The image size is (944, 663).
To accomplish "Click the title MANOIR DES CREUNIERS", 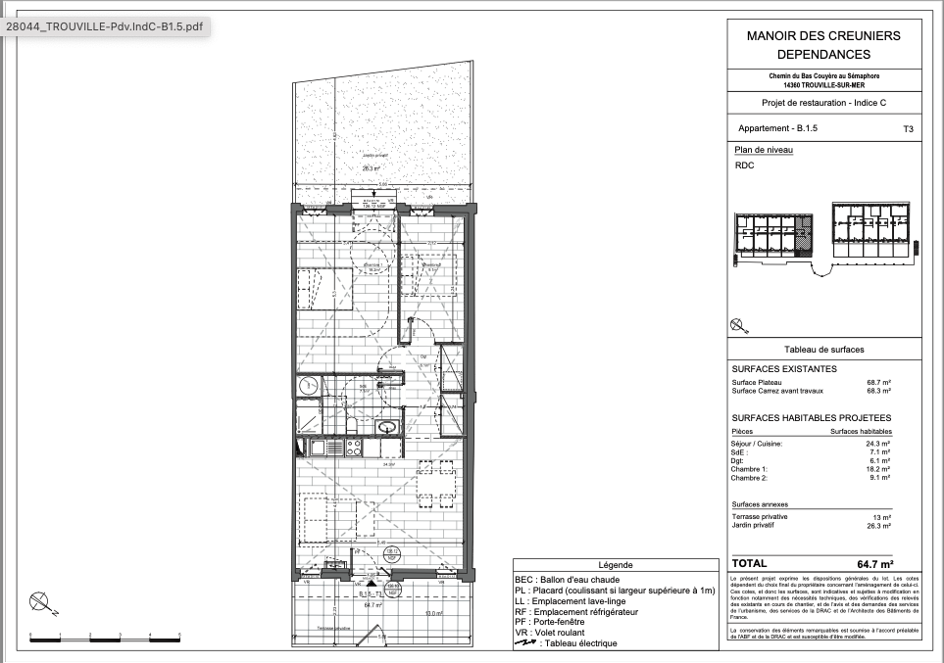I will coord(822,35).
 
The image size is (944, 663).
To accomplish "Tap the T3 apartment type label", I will coord(908,128).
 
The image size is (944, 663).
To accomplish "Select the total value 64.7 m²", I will coord(874,564).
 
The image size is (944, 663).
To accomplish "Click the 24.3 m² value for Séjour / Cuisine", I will coord(877,443).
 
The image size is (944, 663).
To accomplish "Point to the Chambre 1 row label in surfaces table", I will coord(751,469).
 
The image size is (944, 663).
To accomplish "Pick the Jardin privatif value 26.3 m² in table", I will coord(877,526).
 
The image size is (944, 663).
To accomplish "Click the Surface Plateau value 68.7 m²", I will coord(877,382).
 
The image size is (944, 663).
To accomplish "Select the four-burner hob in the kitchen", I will coord(352,448).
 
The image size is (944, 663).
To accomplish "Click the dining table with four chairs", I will coord(436,483).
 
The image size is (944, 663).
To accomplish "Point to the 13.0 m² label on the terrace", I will coord(432,614).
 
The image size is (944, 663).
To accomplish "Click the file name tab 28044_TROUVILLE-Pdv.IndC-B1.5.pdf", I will coord(106,27).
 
